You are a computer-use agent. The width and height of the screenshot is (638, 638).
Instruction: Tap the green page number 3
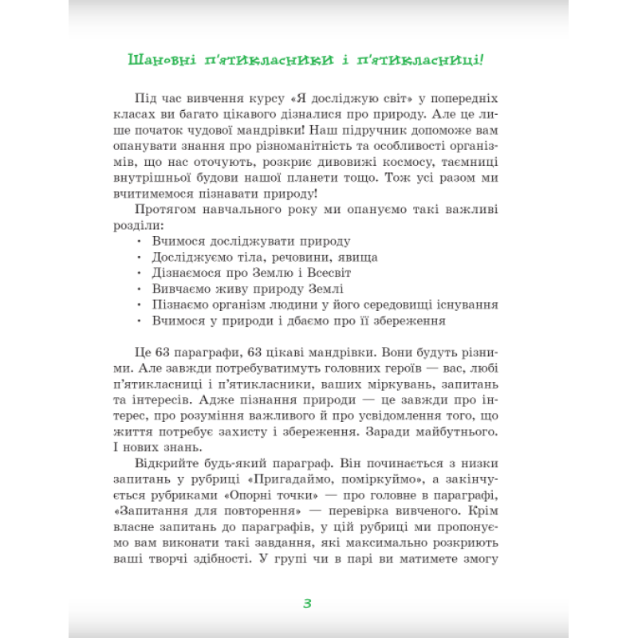tap(307, 603)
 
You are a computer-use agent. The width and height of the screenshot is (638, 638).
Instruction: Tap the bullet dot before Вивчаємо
tap(139, 289)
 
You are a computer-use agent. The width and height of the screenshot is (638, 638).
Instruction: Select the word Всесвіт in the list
tap(328, 274)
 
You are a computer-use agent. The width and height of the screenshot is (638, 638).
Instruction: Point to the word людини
tap(289, 305)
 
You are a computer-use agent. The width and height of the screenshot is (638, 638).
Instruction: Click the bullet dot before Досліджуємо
tap(139, 258)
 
